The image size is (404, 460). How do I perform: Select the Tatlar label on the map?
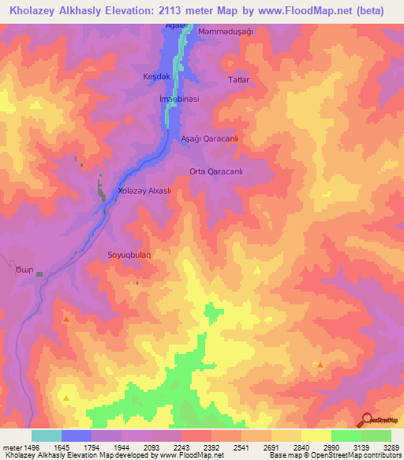click(238, 80)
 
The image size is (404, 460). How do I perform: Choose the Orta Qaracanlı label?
click(215, 172)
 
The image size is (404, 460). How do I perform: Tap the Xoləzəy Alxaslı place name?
click(144, 191)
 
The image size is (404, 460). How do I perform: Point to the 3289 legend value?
click(391, 447)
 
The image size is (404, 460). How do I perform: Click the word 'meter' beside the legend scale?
click(11, 447)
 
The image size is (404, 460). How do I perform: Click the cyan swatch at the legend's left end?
click(47, 435)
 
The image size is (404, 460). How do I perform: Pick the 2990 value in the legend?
click(331, 447)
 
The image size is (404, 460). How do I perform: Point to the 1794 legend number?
click(92, 447)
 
